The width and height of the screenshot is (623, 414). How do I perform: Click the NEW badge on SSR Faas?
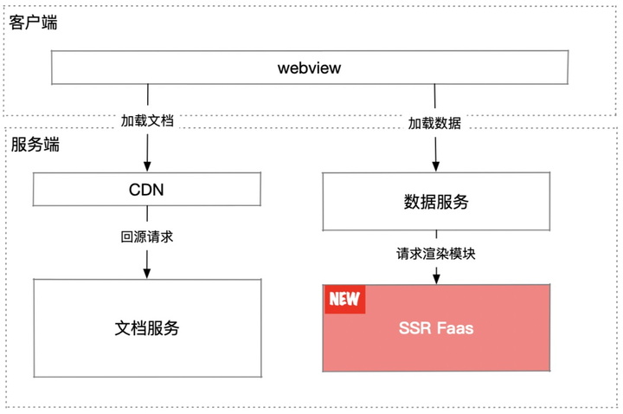click(x=344, y=299)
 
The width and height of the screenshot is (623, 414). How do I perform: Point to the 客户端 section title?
click(x=33, y=23)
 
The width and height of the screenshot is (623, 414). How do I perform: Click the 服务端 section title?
click(x=35, y=145)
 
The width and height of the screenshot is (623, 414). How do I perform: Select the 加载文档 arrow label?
click(x=147, y=121)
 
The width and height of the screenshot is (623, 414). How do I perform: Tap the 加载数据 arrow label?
click(x=434, y=123)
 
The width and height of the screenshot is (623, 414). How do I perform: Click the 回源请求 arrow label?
click(x=147, y=236)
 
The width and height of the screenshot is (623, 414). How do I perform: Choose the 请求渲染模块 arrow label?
click(x=436, y=255)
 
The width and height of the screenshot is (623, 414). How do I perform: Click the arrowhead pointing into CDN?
click(x=147, y=165)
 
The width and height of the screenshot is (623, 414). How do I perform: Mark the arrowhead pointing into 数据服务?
click(x=435, y=165)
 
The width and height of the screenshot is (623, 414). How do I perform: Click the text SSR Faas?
click(x=436, y=328)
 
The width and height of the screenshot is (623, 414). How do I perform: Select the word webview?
click(x=309, y=68)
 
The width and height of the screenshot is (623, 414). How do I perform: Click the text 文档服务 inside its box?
click(x=147, y=328)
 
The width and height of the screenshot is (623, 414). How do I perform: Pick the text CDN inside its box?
click(x=146, y=190)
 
